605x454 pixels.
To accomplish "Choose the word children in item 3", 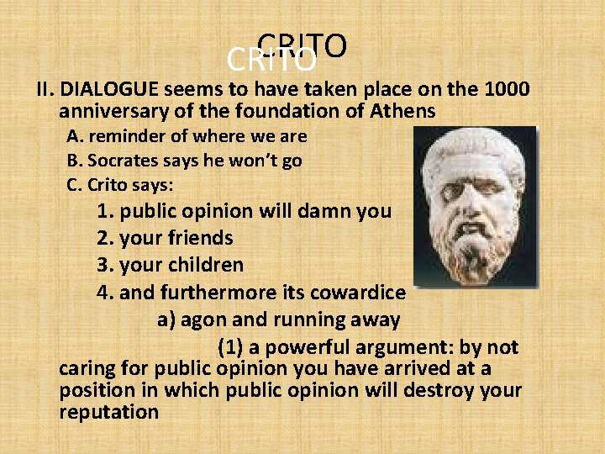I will click(206, 266).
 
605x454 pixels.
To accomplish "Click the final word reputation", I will click(109, 412).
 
